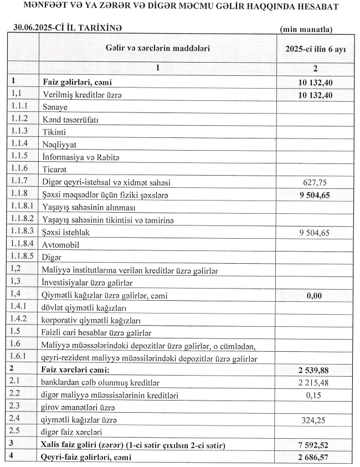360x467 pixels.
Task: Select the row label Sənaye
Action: [x=55, y=107]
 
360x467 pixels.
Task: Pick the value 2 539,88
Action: [x=314, y=370]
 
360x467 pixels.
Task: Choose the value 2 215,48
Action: [x=314, y=382]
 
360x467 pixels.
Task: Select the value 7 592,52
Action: [x=314, y=445]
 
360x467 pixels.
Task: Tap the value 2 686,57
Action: [x=314, y=458]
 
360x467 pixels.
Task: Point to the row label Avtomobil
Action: [x=62, y=244]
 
